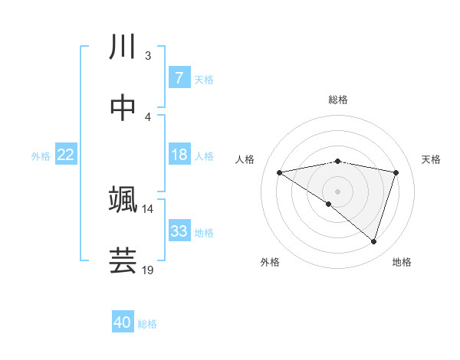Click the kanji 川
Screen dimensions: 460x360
123,47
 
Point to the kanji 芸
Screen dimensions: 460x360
123,260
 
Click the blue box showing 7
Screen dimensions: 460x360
179,77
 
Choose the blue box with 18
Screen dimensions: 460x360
179,155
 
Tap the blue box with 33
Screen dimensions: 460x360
179,231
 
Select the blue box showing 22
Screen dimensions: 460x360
66,155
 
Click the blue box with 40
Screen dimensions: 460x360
123,322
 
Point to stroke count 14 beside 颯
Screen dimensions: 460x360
148,208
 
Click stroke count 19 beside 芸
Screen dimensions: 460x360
148,270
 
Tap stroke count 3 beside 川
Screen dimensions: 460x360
148,56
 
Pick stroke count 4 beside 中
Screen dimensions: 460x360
148,116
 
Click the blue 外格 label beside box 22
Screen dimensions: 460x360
41,155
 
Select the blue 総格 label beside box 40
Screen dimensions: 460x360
147,324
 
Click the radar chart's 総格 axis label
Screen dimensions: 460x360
338,100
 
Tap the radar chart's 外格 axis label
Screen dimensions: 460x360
269,262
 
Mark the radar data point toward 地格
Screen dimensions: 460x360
373,241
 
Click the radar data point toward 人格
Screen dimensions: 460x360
280,172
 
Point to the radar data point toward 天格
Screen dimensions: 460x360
396,172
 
